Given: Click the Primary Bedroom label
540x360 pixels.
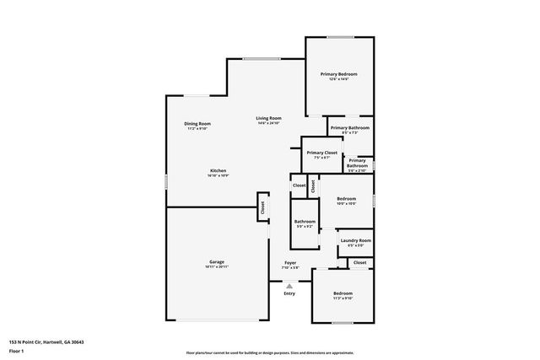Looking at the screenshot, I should point(338,74).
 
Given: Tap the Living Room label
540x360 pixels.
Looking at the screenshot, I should point(269,118).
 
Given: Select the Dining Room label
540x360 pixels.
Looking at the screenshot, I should point(197,124).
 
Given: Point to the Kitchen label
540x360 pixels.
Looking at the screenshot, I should point(218,170).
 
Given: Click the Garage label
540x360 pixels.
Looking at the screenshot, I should point(217,261).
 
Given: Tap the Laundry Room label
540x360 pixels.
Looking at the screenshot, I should point(355,241).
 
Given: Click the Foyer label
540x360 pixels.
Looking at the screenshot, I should point(290,263).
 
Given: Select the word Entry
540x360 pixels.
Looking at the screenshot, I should point(289,293).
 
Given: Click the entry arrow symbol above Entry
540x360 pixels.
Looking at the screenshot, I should point(289,285).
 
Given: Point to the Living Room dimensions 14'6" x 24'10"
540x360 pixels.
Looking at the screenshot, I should point(269,123).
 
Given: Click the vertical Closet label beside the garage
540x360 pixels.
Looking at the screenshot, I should point(262,206).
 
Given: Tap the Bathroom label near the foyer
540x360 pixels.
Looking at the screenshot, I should point(305,221).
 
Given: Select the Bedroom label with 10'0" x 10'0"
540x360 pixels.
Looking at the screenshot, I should point(347,199).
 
